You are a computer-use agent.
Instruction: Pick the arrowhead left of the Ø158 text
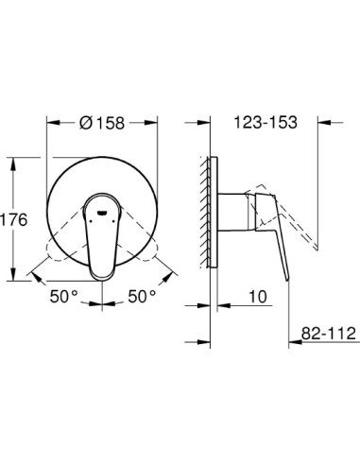pyautogui.click(x=50, y=124)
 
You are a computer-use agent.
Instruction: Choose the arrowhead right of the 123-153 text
pyautogui.click(x=319, y=122)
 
